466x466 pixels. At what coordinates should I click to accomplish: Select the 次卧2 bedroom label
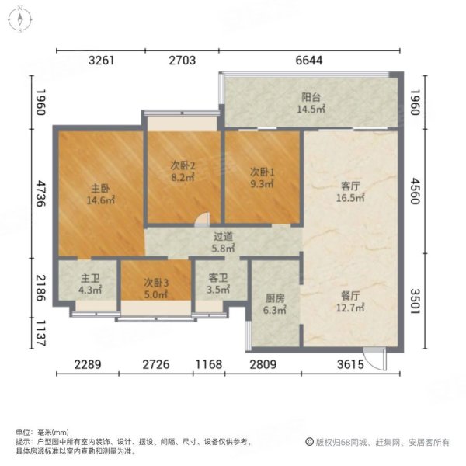(x=183, y=165)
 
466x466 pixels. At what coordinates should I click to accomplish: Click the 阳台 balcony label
(x=312, y=98)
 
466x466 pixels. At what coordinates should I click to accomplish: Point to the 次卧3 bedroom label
(x=156, y=283)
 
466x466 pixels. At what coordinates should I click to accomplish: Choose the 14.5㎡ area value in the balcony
(x=312, y=110)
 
